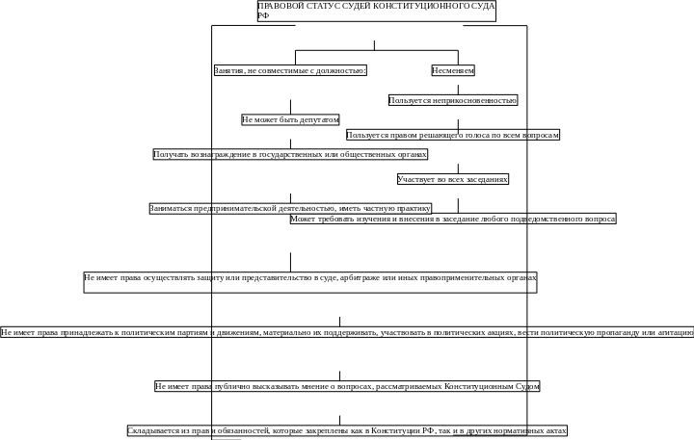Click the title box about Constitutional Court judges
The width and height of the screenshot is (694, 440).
[377, 11]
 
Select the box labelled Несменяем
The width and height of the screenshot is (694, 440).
[453, 70]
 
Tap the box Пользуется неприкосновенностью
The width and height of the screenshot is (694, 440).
[453, 100]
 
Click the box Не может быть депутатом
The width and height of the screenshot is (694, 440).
[290, 119]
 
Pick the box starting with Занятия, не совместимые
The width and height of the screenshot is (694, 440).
[290, 70]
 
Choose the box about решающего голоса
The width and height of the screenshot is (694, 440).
[453, 136]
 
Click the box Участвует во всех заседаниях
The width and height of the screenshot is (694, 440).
[453, 179]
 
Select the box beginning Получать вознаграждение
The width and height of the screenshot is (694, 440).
[290, 154]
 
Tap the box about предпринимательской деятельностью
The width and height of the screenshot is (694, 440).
[290, 208]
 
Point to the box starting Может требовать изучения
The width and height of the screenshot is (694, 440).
[453, 220]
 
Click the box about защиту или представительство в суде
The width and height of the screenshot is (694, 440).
[309, 280]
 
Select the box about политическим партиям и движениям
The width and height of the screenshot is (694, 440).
[347, 332]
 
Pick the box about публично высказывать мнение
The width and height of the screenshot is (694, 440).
[347, 386]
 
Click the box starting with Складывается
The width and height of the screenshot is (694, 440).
[347, 430]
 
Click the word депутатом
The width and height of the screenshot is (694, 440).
[319, 119]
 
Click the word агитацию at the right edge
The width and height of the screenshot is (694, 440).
[677, 332]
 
